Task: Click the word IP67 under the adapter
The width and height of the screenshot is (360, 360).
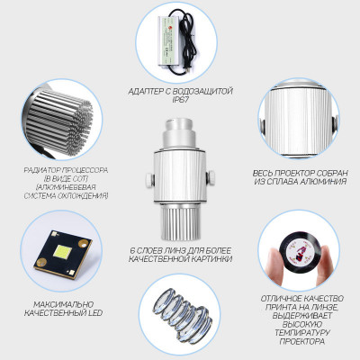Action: [x=180, y=100]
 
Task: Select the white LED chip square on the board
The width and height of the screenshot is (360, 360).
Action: [x=62, y=252]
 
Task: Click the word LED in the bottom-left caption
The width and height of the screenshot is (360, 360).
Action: [x=95, y=313]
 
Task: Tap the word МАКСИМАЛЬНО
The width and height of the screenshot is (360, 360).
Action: [x=63, y=304]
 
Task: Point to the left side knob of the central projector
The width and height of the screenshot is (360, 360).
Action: [x=149, y=179]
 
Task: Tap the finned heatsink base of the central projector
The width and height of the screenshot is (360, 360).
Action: [x=180, y=223]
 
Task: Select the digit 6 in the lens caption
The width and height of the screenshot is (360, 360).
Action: [x=133, y=250]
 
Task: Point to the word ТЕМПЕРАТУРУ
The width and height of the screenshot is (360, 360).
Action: [x=302, y=333]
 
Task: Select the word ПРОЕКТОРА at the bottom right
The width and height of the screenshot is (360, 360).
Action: [x=302, y=341]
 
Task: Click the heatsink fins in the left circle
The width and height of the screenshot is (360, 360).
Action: [x=60, y=123]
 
